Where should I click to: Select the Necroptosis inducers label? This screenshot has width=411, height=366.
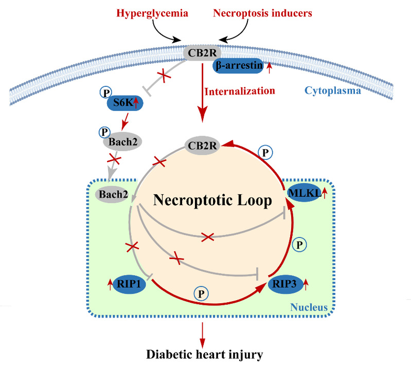pyautogui.click(x=262, y=13)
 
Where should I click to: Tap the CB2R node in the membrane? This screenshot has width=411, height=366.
pyautogui.click(x=202, y=53)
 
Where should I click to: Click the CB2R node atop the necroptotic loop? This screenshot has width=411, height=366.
pyautogui.click(x=202, y=145)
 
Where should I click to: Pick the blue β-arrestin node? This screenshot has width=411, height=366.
pyautogui.click(x=238, y=65)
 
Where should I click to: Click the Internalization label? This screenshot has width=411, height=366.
pyautogui.click(x=240, y=91)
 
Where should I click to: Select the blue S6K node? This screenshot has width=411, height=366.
pyautogui.click(x=125, y=103)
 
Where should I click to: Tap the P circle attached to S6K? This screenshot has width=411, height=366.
pyautogui.click(x=106, y=93)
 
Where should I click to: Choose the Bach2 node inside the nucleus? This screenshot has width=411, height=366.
pyautogui.click(x=113, y=194)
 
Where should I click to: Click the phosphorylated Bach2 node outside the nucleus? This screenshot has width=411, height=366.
pyautogui.click(x=122, y=142)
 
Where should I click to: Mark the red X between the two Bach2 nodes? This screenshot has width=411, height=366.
pyautogui.click(x=114, y=159)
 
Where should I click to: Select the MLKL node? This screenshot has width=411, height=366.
pyautogui.click(x=305, y=193)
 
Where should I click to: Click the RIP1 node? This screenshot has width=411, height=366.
pyautogui.click(x=129, y=284)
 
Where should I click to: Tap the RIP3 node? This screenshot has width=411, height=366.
pyautogui.click(x=284, y=284)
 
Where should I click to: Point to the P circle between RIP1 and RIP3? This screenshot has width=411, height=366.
pyautogui.click(x=201, y=294)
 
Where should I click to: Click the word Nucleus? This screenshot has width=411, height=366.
pyautogui.click(x=309, y=307)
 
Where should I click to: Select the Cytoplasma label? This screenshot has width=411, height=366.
pyautogui.click(x=333, y=90)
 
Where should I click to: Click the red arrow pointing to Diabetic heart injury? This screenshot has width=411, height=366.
pyautogui.click(x=202, y=335)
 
